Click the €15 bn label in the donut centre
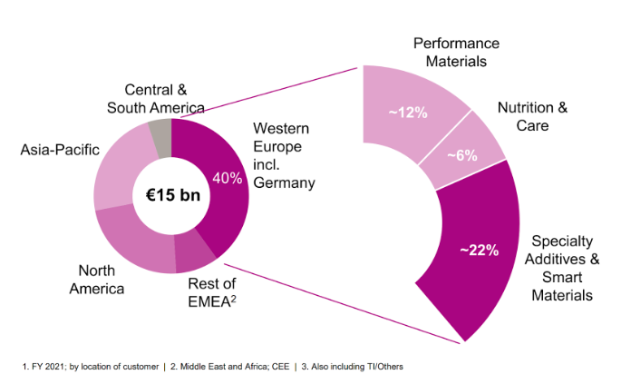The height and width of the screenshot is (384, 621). click(171, 196)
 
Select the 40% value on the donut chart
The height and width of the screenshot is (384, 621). click(228, 178)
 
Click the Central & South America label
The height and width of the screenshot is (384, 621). click(153, 99)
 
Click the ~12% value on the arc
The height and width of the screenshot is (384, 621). click(408, 112)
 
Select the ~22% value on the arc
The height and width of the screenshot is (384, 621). click(480, 251)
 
